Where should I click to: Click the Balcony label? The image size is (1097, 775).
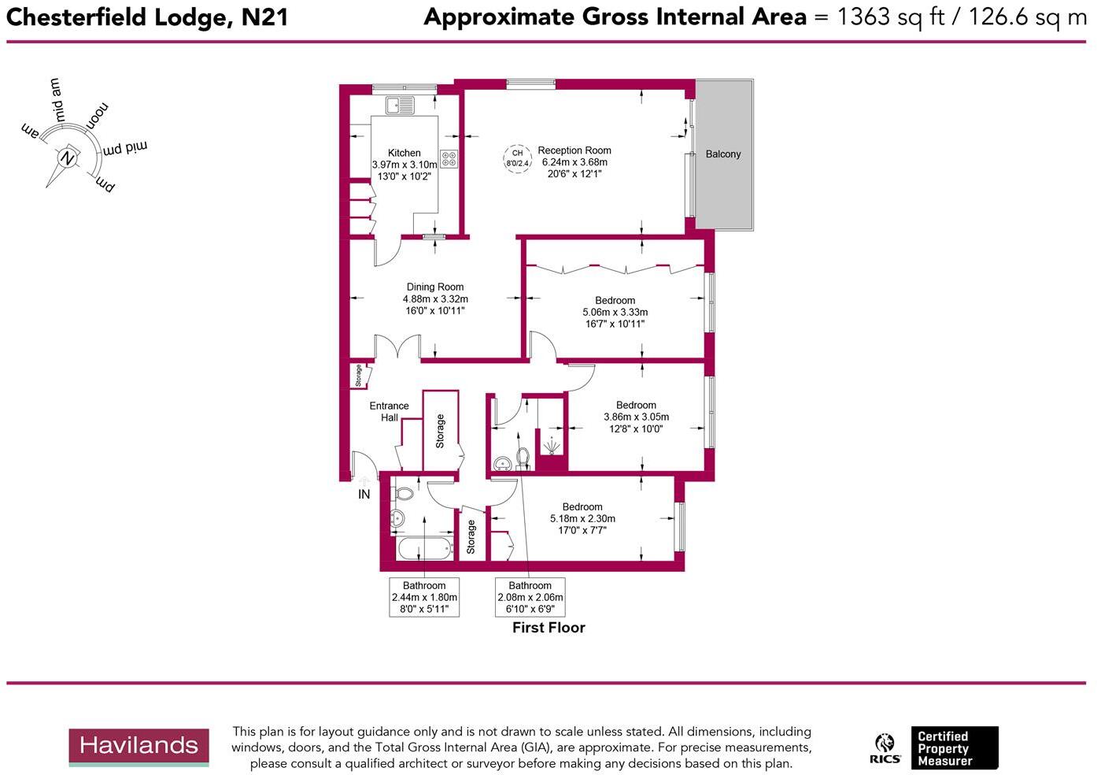[x=722, y=154]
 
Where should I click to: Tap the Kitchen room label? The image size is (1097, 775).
[x=404, y=154]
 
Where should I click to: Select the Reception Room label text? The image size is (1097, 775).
[x=574, y=150]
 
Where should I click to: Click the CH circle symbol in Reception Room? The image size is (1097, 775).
[x=517, y=158]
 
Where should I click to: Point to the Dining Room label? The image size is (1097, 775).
[x=434, y=287]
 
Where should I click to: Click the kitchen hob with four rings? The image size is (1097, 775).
[x=449, y=159]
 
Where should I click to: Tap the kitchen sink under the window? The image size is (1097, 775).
[x=400, y=105]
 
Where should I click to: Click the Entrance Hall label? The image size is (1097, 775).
[x=389, y=412]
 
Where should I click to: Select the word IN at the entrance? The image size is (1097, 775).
[x=364, y=495]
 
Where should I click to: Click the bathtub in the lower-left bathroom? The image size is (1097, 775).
[x=424, y=548]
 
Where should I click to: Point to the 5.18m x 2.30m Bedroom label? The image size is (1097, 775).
[x=582, y=518]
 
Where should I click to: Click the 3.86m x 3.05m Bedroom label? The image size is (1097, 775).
[x=636, y=417]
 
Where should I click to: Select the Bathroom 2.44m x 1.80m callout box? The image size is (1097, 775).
[x=424, y=597]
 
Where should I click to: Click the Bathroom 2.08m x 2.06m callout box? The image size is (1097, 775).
[x=530, y=597]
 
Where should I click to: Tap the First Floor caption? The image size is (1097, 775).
[x=548, y=628]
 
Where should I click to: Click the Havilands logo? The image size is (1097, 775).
[x=139, y=747]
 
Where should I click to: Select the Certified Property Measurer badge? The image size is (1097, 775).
[x=955, y=748]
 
